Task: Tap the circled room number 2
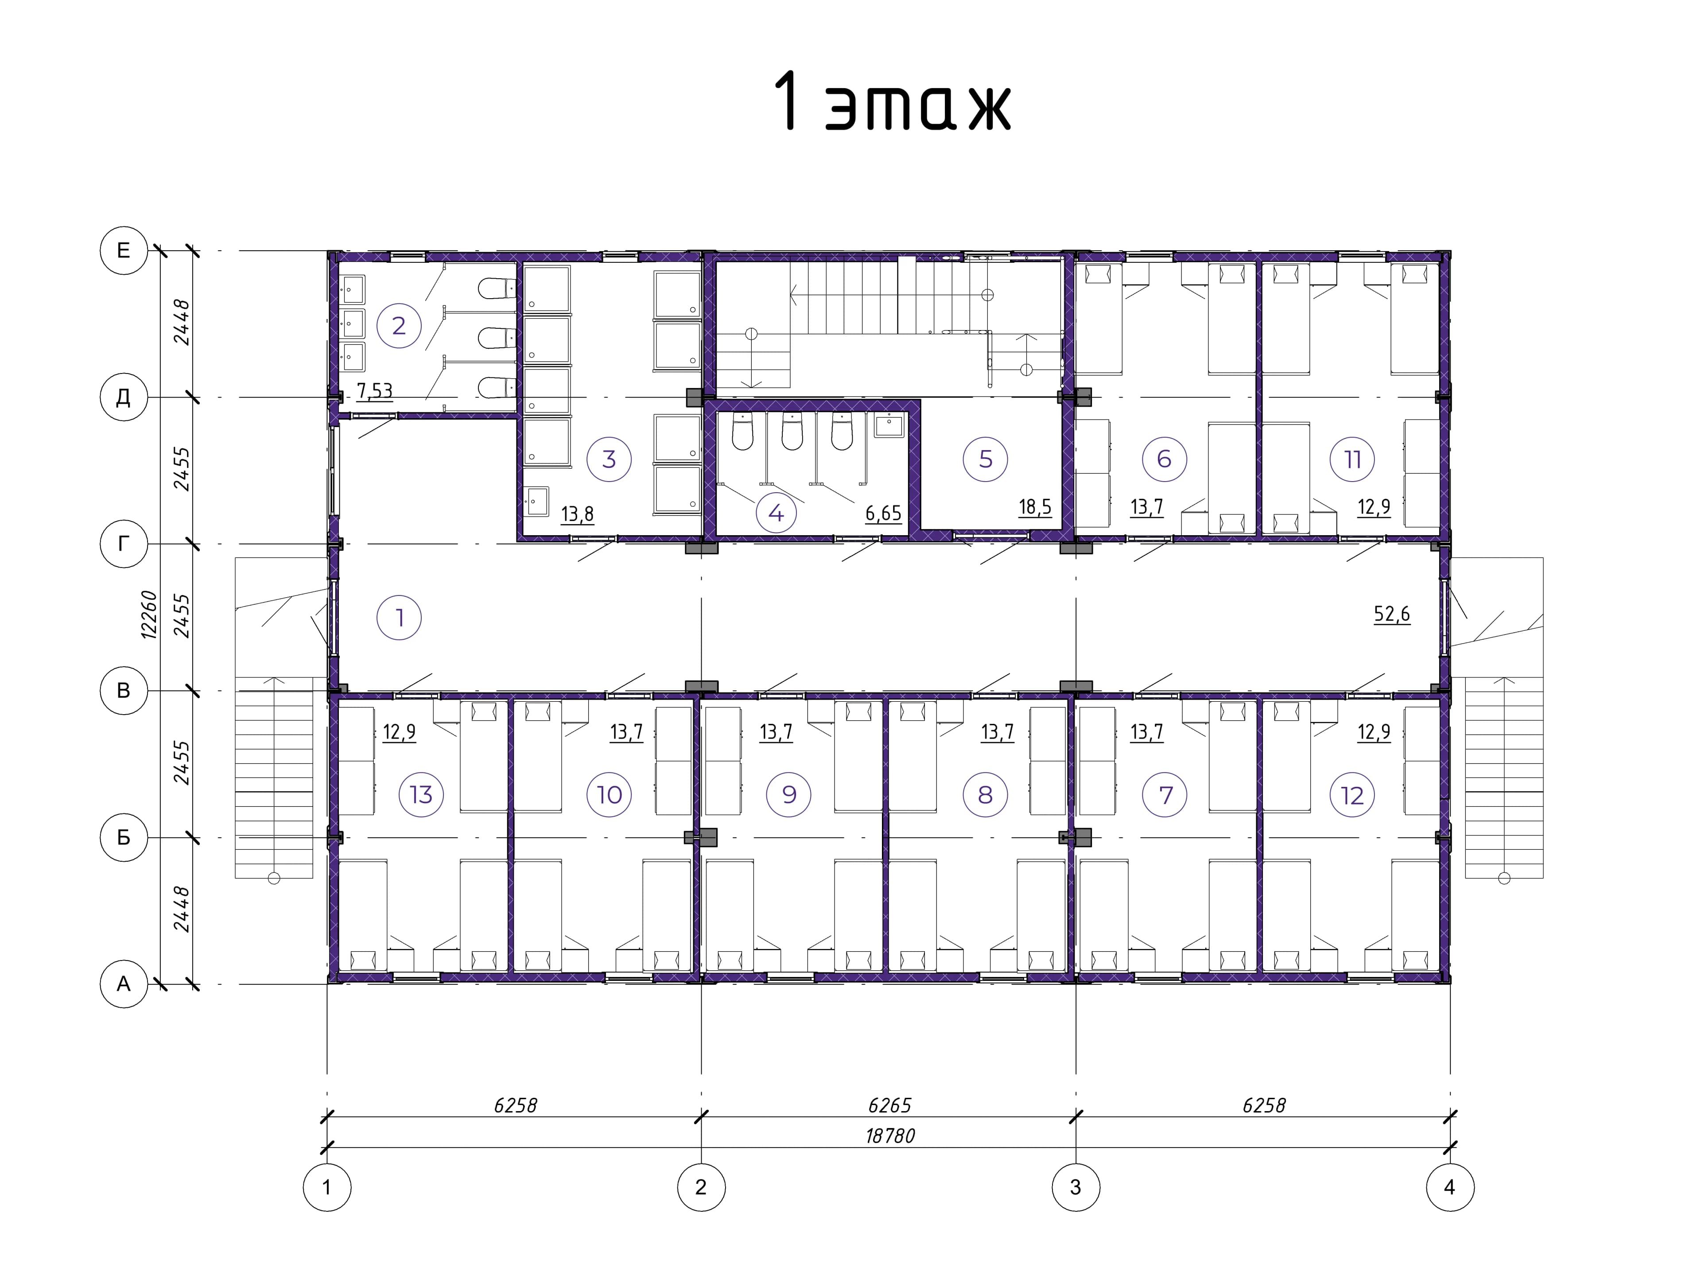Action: point(399,326)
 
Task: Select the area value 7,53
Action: point(374,392)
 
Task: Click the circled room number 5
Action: point(986,459)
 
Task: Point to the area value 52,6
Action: point(1392,614)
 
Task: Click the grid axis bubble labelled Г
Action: point(124,544)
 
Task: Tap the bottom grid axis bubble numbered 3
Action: point(1076,1187)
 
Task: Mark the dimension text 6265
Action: point(890,1105)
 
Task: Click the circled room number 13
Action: point(421,794)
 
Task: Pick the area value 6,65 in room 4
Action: point(883,513)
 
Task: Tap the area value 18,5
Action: point(1035,506)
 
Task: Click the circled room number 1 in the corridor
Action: point(399,617)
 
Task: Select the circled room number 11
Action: point(1353,459)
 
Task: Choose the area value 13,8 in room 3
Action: point(578,513)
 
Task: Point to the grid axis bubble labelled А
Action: point(124,984)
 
